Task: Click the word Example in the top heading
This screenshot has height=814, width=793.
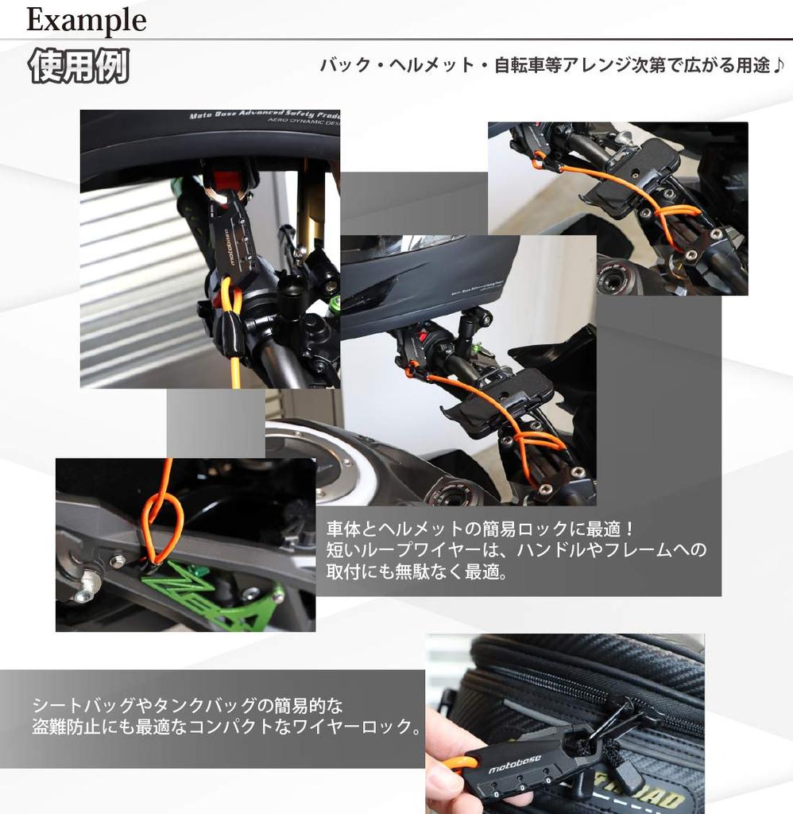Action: click(86, 20)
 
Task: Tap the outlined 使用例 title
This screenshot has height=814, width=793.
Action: click(78, 68)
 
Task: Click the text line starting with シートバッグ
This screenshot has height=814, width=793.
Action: click(188, 705)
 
